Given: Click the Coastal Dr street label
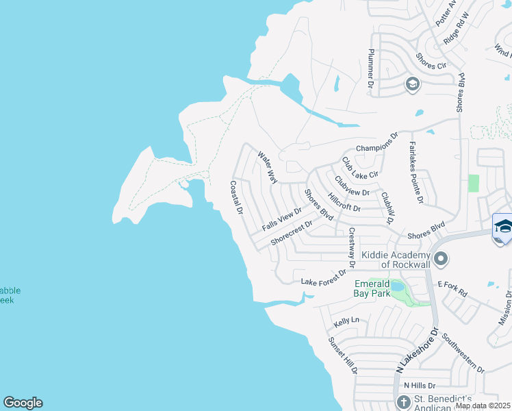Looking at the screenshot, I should [x=236, y=197].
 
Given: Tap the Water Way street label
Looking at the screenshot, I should [x=267, y=168].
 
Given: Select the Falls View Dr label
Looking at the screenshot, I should [x=282, y=219].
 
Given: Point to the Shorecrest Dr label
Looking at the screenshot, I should [x=291, y=233].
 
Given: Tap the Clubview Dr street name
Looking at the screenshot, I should [x=352, y=187].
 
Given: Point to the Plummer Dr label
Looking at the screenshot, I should [x=371, y=68].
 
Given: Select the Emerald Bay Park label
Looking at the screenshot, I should [x=372, y=288].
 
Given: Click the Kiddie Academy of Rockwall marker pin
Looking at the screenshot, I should [x=441, y=259].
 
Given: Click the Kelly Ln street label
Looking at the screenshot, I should [x=346, y=321].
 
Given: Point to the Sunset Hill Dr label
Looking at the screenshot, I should [x=342, y=355].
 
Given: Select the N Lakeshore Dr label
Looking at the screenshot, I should [x=416, y=350].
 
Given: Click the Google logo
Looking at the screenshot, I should [x=23, y=403].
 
